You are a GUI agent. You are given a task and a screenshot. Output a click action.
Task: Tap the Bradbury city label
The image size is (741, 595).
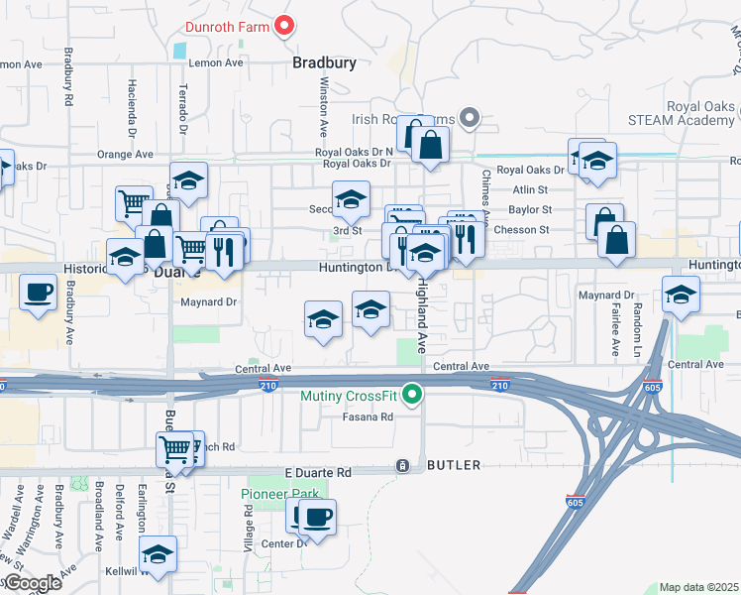(324, 62)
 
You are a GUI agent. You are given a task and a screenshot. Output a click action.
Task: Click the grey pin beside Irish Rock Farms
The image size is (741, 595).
(471, 119)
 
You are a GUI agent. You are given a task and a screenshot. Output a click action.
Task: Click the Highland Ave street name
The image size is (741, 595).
(421, 301)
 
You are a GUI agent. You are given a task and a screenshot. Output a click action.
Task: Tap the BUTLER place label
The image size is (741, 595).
(454, 465)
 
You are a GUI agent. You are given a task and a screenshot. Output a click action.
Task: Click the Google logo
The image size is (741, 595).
(32, 583)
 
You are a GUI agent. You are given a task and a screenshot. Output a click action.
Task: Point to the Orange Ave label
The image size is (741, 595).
(126, 155)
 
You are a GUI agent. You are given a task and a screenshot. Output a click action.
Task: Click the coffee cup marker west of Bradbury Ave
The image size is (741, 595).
(39, 293)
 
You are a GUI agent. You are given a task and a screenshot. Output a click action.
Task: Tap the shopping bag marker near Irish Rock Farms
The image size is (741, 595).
(431, 145)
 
